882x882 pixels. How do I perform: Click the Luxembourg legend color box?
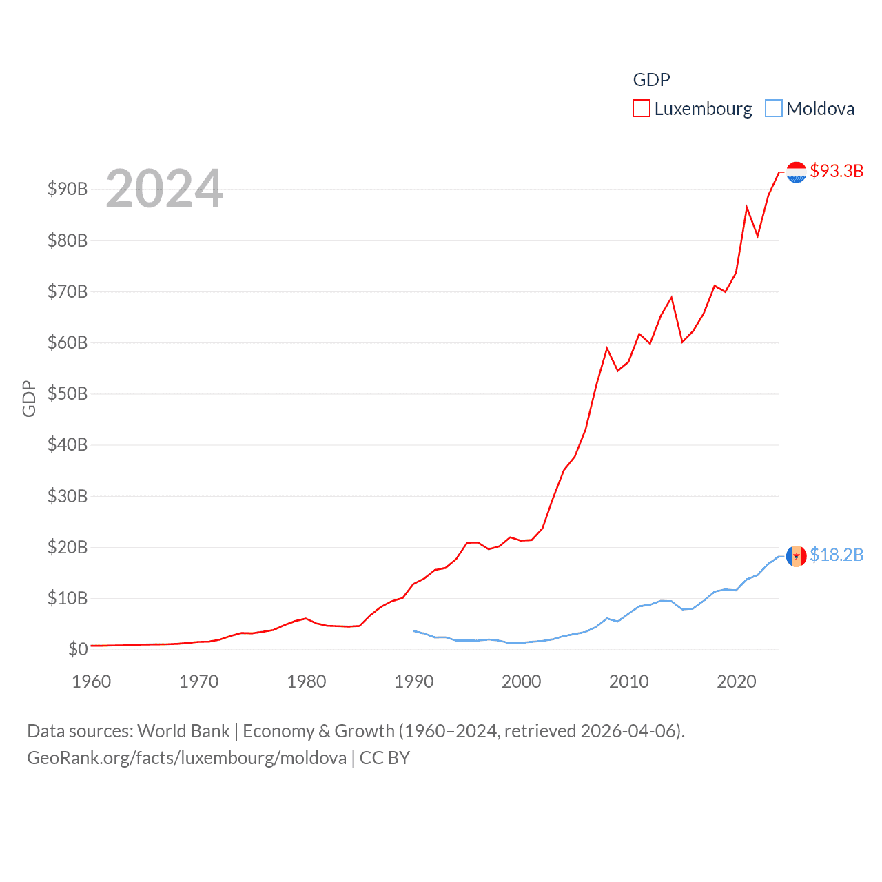tap(641, 109)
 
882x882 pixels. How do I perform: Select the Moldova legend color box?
tap(774, 109)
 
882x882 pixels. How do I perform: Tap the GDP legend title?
tap(651, 80)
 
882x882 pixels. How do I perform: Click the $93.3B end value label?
tap(837, 171)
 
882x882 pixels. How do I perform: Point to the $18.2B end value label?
tap(837, 555)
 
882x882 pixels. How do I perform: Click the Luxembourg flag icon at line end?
tap(796, 172)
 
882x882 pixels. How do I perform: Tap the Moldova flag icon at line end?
tap(796, 556)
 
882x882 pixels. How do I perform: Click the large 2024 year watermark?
tap(165, 189)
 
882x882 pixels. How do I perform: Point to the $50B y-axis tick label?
tap(68, 393)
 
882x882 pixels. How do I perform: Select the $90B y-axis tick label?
tap(68, 189)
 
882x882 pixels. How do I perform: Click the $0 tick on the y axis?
tap(78, 649)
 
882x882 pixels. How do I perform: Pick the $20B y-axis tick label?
tap(68, 547)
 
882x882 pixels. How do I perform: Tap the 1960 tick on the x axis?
tap(92, 681)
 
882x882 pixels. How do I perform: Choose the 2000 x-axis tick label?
tap(522, 681)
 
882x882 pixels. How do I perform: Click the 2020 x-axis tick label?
tap(737, 681)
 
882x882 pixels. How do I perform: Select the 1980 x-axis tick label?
tap(307, 681)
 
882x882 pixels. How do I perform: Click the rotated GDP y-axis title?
tap(29, 398)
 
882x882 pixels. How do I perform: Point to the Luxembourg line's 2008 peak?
tap(607, 349)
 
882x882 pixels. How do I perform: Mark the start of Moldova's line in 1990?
tap(414, 630)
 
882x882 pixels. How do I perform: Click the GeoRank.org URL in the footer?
tap(187, 758)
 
